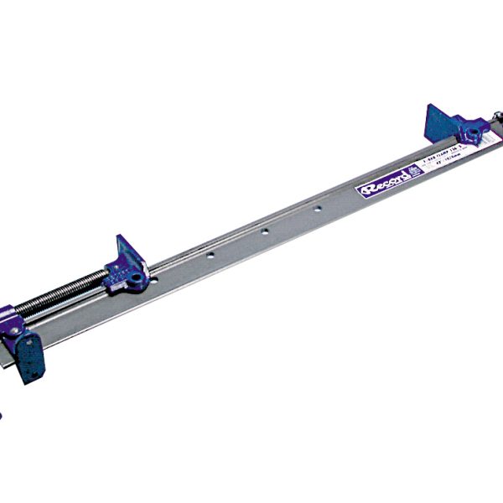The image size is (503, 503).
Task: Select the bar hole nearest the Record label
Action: pyautogui.click(x=317, y=206)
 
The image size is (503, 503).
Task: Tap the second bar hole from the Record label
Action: pyautogui.click(x=263, y=229)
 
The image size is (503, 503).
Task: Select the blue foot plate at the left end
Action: pyautogui.click(x=32, y=355)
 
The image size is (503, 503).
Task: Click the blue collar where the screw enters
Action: pyautogui.click(x=17, y=314)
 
